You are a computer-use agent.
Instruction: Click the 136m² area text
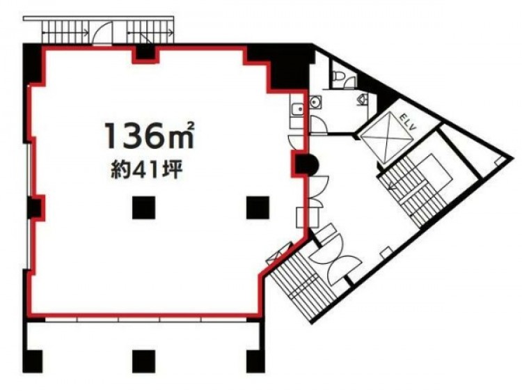(149, 135)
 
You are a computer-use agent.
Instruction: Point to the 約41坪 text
(146, 171)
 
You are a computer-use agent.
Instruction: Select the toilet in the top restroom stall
(338, 76)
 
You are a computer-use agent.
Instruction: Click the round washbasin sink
(315, 102)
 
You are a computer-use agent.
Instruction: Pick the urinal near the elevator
(363, 98)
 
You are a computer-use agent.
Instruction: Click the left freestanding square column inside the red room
(143, 207)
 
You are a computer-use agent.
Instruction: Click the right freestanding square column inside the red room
(258, 207)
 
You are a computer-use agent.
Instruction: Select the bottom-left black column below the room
(33, 361)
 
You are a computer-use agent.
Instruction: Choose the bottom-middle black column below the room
(143, 361)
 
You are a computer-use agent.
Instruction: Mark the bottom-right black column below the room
(255, 361)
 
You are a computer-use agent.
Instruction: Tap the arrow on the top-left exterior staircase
(65, 33)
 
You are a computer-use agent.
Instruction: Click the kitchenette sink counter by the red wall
(296, 111)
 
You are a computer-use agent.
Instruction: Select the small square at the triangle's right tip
(498, 161)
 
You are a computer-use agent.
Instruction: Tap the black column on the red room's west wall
(36, 207)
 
